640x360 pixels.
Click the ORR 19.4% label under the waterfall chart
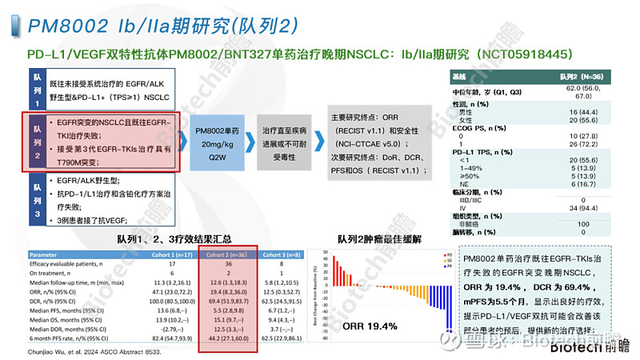tap(370, 326)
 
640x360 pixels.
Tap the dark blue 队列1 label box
tap(36, 89)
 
